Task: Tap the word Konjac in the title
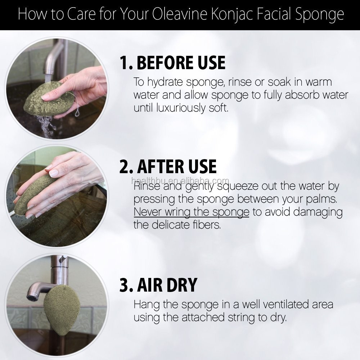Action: [x=231, y=15]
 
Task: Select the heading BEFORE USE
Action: [x=181, y=62]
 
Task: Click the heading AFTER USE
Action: [x=177, y=166]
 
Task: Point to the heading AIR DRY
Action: [x=167, y=285]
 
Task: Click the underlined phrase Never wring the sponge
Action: [x=192, y=212]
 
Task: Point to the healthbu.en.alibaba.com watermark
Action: [x=180, y=181]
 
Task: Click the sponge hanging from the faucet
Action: [x=62, y=306]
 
